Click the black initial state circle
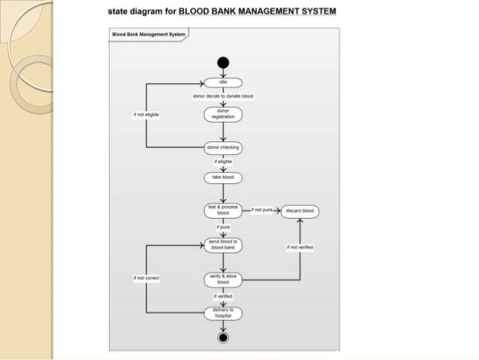pos(223,63)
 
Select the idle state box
pos(223,83)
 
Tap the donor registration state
pos(223,113)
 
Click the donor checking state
pos(223,147)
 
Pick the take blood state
pos(223,177)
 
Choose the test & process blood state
pos(223,210)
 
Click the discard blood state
pos(300,211)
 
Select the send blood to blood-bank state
pos(223,244)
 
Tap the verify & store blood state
pos(223,280)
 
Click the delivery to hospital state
pos(223,313)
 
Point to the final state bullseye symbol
pos(223,337)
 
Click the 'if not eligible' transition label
pos(146,114)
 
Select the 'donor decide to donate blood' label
pos(223,97)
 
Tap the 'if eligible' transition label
pos(223,162)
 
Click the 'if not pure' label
pos(261,210)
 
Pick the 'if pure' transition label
pos(223,227)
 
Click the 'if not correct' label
pos(146,278)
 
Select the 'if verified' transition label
pos(223,297)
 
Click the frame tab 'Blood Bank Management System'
pos(148,34)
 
